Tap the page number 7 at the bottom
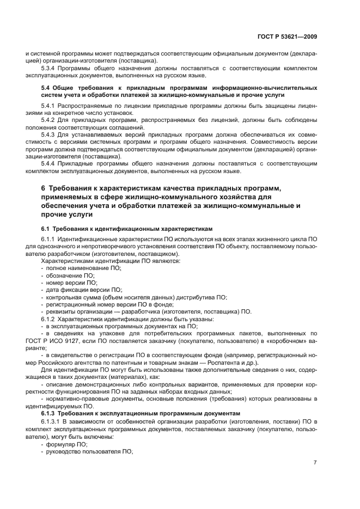coord(315,463)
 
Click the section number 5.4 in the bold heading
coord(46,87)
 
